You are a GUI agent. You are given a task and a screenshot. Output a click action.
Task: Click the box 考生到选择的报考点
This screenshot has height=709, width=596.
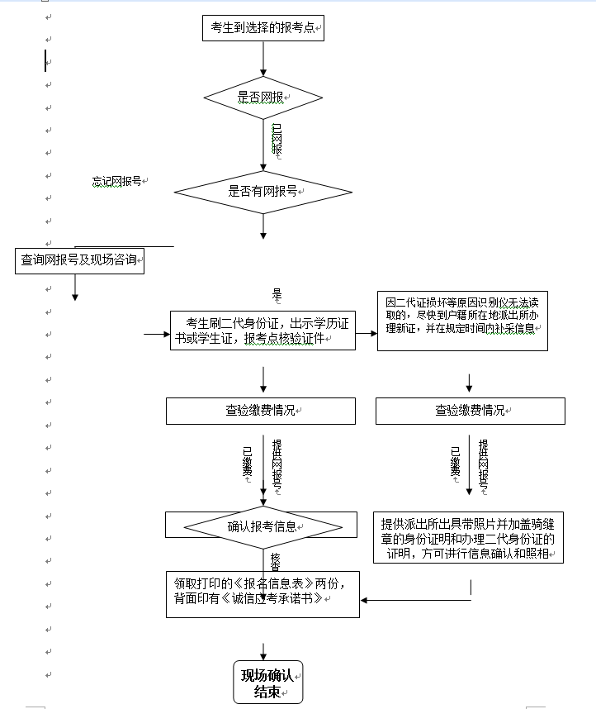pos(263,27)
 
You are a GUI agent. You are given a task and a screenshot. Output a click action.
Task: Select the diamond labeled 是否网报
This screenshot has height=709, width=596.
pos(263,98)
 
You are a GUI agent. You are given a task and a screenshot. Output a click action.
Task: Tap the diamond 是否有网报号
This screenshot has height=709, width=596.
pos(263,192)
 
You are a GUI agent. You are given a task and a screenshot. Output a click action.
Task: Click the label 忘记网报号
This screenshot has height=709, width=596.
pos(116,181)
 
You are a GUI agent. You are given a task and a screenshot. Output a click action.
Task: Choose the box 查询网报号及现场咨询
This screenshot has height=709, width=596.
pos(79,261)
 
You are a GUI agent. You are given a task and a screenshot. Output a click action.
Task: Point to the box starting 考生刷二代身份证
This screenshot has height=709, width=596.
pos(263,331)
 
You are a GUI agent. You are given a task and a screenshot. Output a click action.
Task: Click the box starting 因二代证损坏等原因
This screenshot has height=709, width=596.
pos(462,321)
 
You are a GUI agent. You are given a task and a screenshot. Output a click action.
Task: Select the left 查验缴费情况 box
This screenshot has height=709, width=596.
pos(261,411)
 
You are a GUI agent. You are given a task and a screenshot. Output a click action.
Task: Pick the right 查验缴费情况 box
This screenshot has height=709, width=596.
pos(470,411)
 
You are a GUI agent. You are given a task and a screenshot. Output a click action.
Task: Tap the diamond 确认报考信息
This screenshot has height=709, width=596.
pos(263,526)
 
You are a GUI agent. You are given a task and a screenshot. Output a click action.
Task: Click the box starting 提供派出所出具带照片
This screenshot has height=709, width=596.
pos(468,539)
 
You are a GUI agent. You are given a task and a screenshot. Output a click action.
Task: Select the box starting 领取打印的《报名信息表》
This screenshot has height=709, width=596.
pos(263,593)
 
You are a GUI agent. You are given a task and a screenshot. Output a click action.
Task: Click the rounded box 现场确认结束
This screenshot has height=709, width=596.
pos(267,682)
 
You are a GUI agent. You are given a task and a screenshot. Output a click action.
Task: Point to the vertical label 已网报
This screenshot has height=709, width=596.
pos(277,140)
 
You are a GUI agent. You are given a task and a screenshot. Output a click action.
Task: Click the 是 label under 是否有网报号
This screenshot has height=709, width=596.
pos(277,293)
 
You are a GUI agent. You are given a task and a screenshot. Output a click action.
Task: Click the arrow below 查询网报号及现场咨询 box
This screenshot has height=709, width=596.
pos(75,287)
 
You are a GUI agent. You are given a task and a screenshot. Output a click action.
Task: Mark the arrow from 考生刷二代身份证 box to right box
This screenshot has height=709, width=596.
pos(366,333)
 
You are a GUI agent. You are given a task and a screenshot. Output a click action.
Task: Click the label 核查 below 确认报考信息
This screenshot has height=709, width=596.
pos(275,561)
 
